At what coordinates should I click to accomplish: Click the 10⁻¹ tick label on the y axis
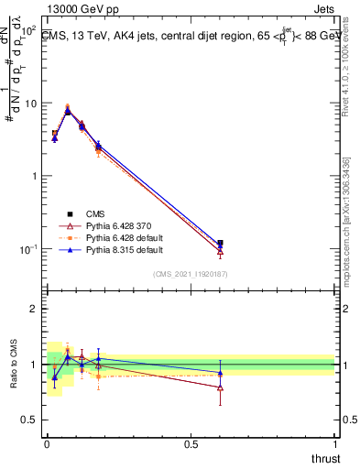tap(28, 249)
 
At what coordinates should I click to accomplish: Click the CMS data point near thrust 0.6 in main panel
tap(220, 244)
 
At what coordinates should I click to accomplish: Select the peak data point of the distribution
tap(68, 111)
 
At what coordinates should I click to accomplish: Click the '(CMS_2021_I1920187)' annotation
tap(190, 274)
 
